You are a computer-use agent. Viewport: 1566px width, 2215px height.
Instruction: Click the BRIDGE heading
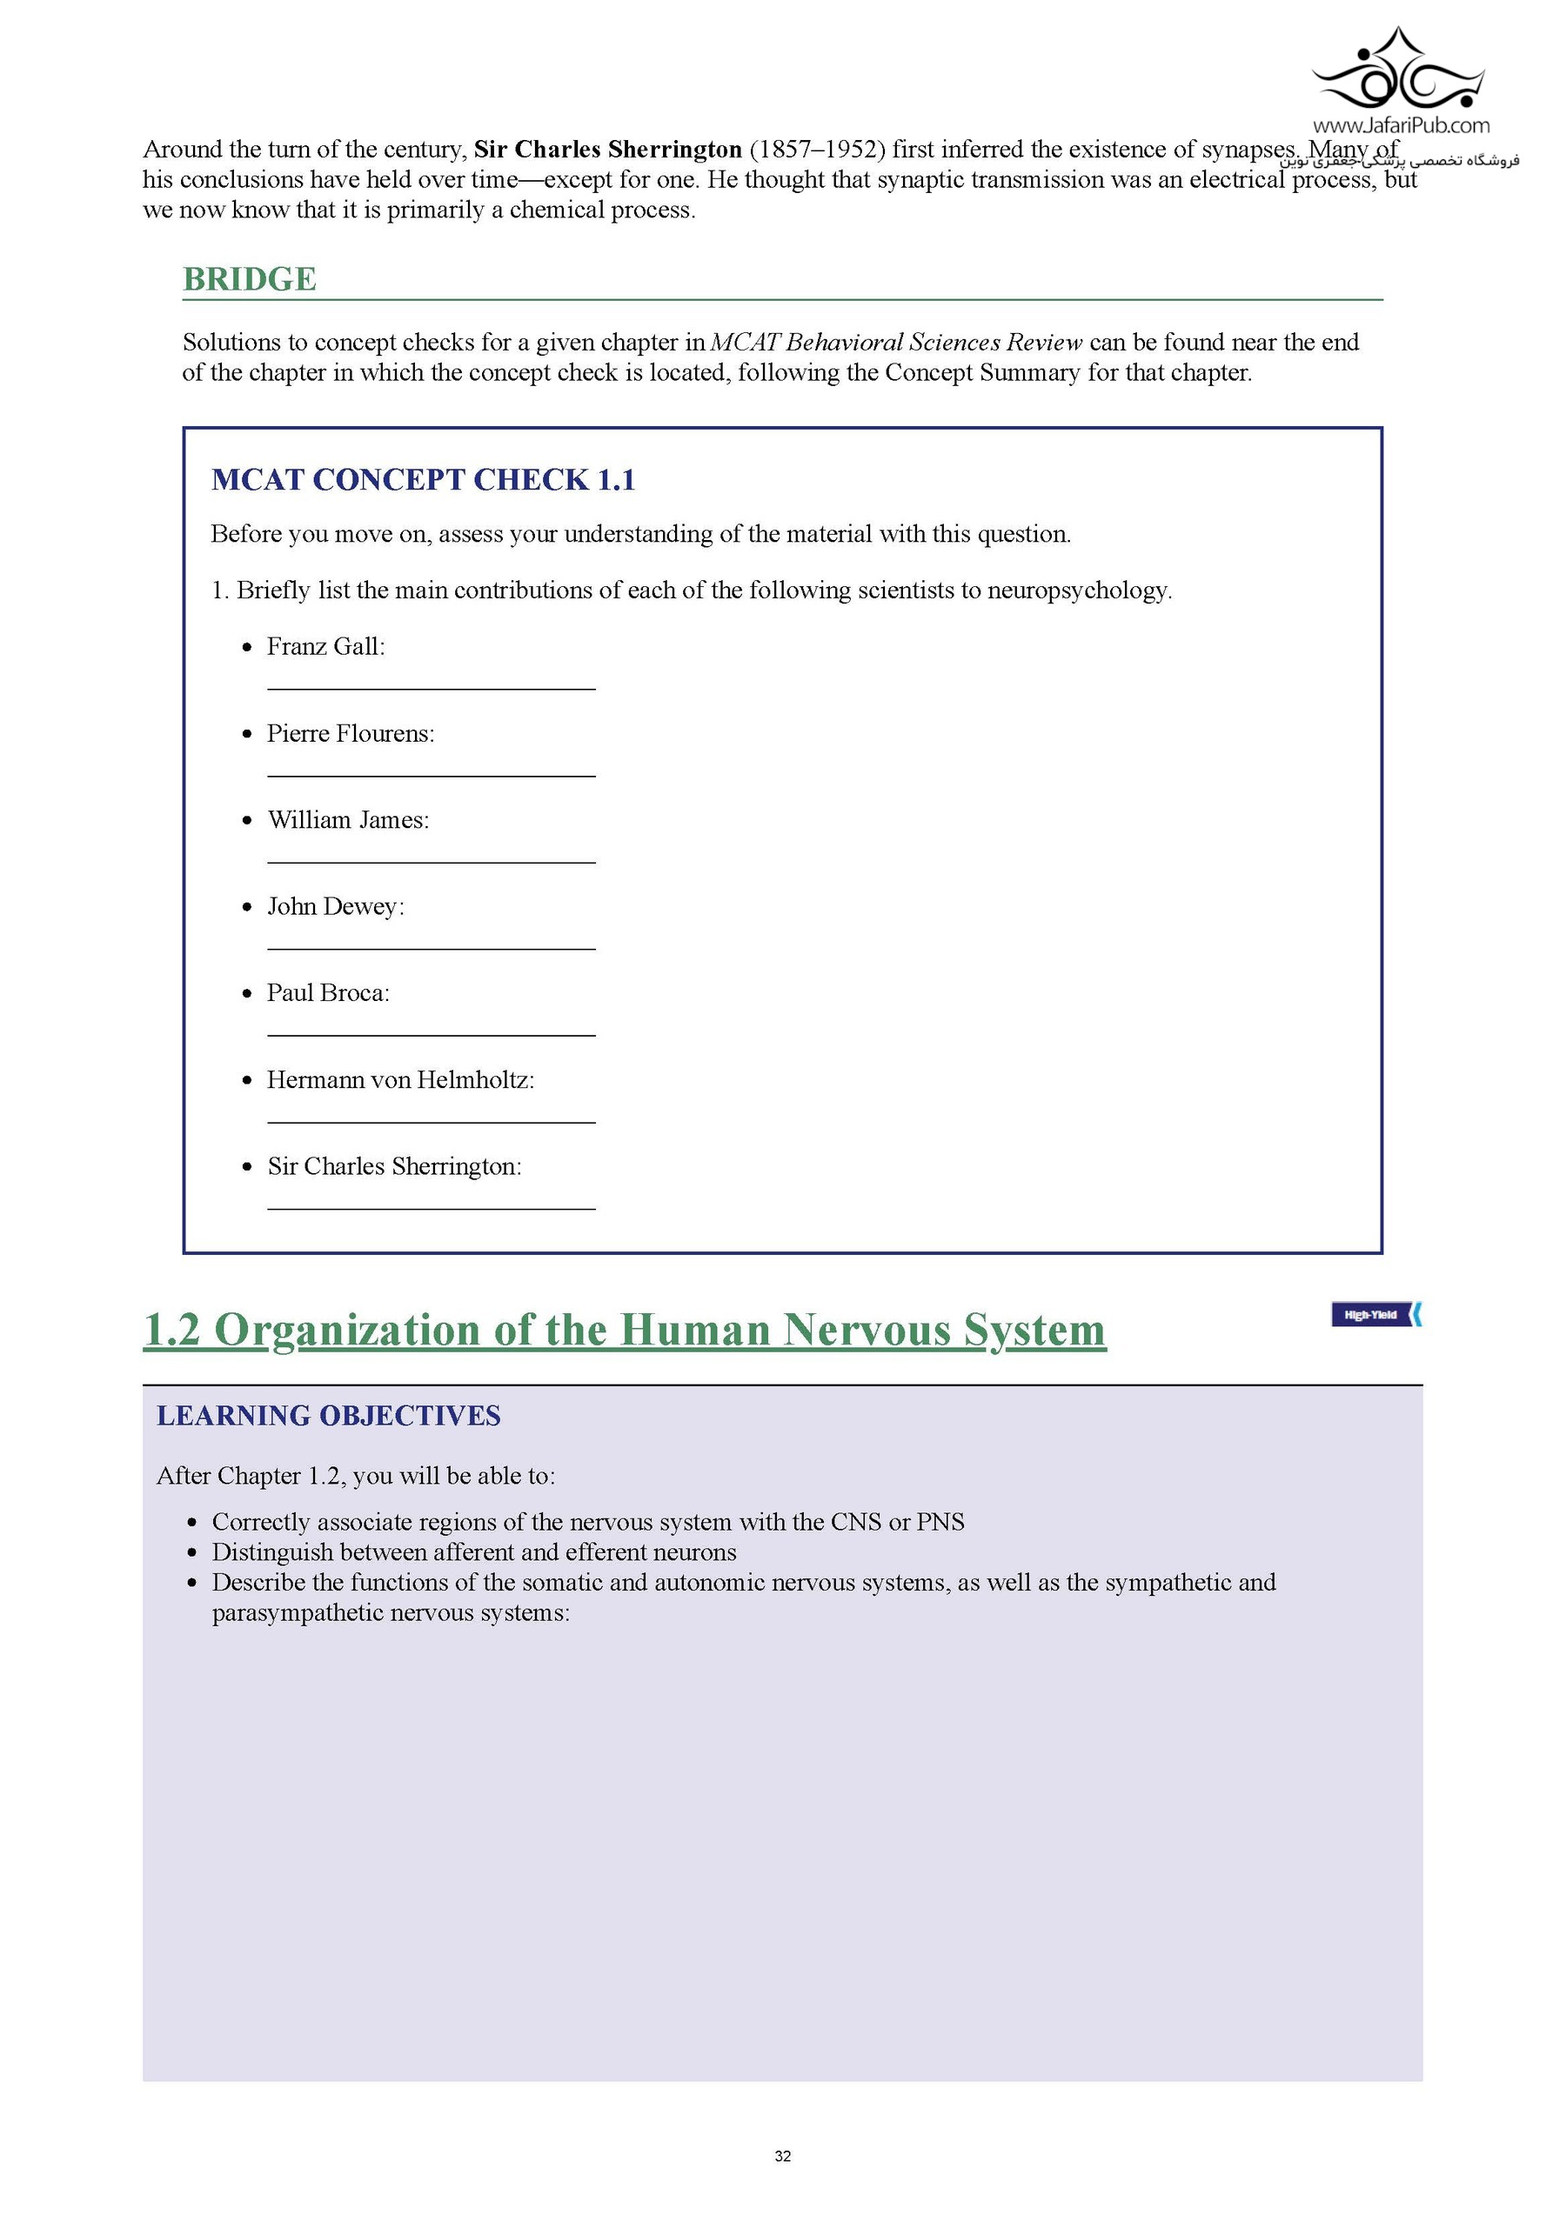(x=249, y=279)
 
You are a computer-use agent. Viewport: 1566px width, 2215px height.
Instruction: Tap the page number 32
(x=782, y=2156)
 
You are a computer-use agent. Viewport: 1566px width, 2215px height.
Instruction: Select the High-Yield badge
(x=1375, y=1314)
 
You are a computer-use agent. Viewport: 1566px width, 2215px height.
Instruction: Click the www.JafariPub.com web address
(x=1400, y=125)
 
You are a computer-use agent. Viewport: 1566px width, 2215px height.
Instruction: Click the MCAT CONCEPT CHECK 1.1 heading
(x=423, y=479)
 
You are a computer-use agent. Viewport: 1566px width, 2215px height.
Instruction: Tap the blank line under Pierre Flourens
(x=431, y=776)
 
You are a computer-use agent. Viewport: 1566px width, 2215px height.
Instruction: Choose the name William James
(x=346, y=820)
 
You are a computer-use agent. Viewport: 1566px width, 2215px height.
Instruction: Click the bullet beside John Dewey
(x=248, y=907)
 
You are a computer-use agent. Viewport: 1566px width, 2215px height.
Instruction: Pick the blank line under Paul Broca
(x=431, y=1035)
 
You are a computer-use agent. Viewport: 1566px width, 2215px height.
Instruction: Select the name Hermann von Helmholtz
(x=399, y=1079)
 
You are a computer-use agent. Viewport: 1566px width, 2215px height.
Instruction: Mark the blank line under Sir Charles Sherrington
(x=431, y=1208)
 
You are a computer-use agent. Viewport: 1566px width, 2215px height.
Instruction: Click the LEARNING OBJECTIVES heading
(x=328, y=1415)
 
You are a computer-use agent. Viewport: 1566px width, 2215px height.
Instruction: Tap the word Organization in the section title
(x=346, y=1331)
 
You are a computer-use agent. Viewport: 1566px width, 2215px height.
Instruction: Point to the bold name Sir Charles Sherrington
(x=608, y=150)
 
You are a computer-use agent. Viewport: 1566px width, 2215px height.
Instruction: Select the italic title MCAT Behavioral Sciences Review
(x=896, y=343)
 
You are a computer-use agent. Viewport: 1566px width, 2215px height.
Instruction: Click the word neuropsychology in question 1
(x=1078, y=590)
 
